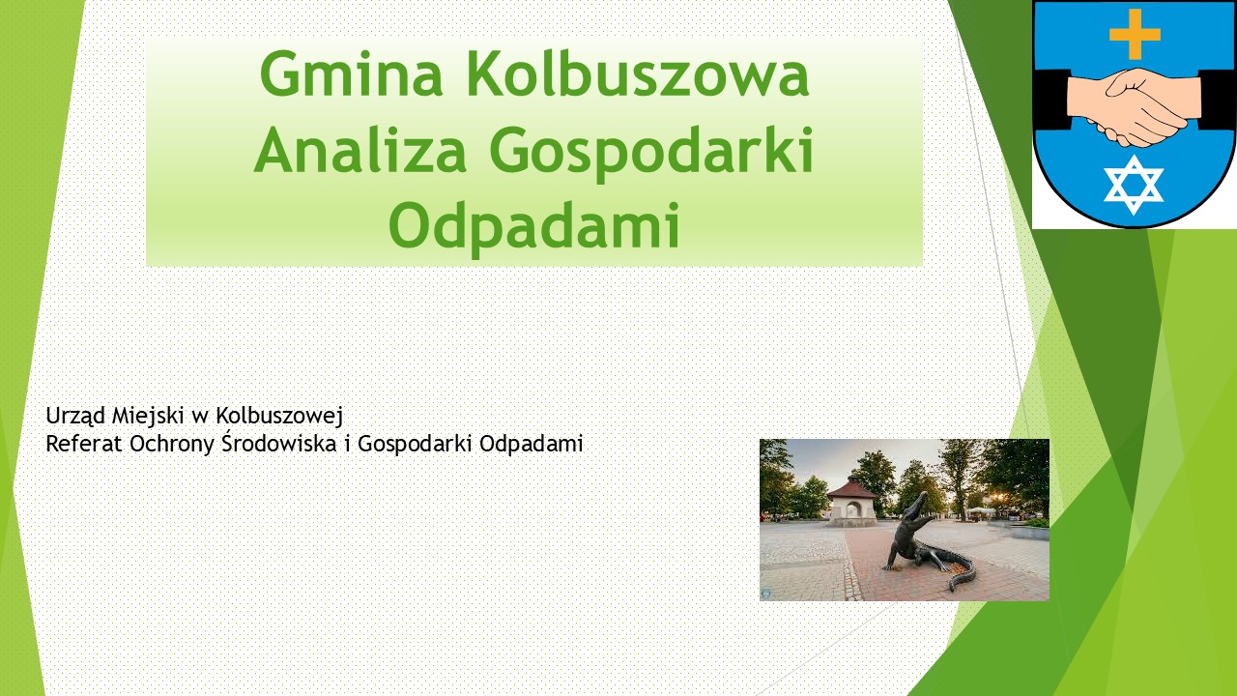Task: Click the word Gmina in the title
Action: pos(351,74)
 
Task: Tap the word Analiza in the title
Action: pos(360,150)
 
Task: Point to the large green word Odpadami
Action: pos(534,227)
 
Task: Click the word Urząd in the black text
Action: pos(75,417)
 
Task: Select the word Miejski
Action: pos(149,417)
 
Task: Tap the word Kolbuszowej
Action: pos(279,417)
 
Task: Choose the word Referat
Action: pos(84,444)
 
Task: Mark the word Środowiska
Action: pos(279,443)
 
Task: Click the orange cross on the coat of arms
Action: pos(1135,34)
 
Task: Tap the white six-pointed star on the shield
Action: pos(1134,185)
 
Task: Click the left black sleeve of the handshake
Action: pos(1051,100)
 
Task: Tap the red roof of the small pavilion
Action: pos(853,489)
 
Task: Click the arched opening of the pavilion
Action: pos(853,509)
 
